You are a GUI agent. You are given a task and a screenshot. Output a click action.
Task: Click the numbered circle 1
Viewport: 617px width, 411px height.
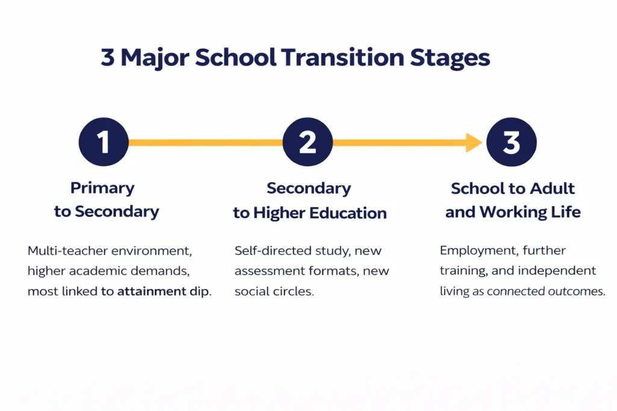click(x=104, y=143)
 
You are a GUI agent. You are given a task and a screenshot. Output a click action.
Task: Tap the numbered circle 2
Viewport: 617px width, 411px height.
click(x=308, y=143)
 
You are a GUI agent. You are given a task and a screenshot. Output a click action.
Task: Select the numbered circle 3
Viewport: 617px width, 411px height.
click(x=512, y=143)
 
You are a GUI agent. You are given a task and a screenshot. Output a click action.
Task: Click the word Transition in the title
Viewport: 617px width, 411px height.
click(x=342, y=58)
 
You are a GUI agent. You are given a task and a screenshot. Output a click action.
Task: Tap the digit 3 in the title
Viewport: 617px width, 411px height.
click(x=107, y=58)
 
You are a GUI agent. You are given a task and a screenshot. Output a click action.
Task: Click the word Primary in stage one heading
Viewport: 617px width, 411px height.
click(x=102, y=188)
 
